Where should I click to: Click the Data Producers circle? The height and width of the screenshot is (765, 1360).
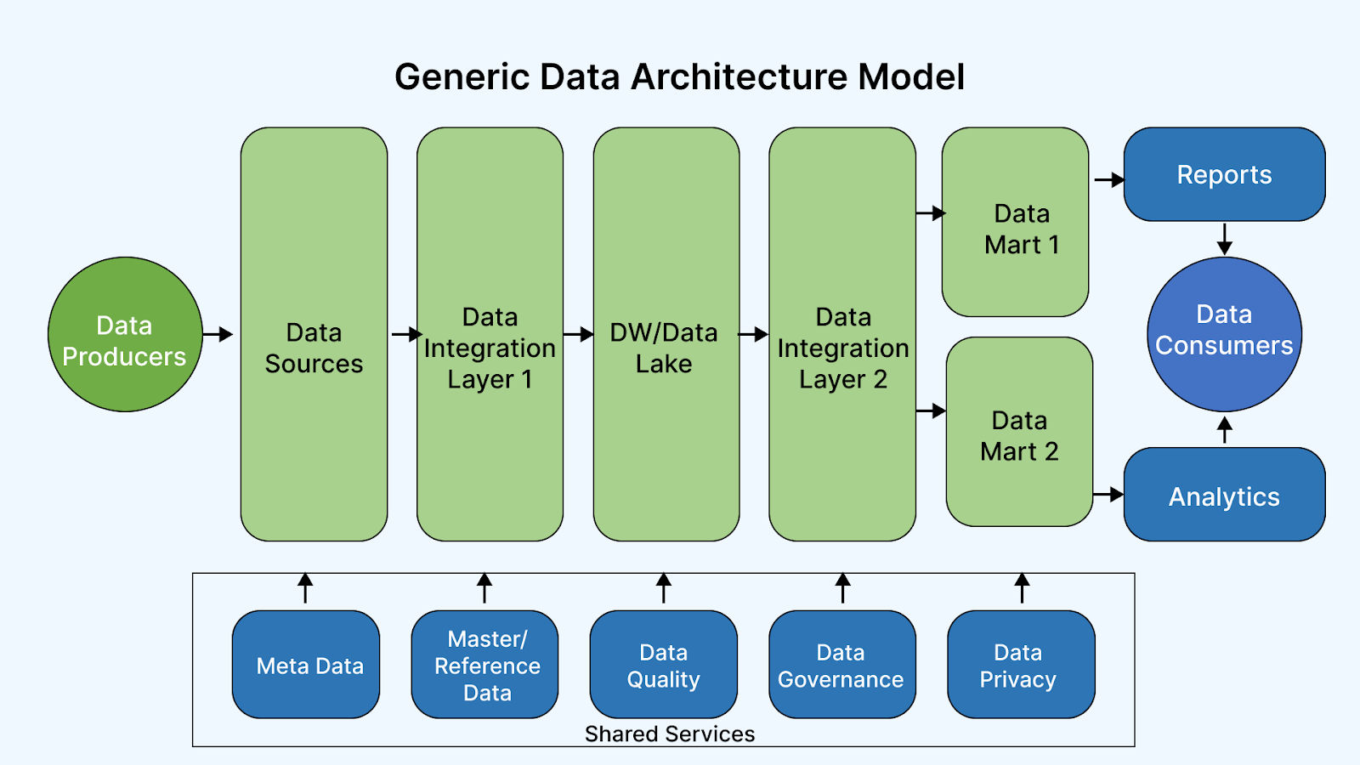point(125,335)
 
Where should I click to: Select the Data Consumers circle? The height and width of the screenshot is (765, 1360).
point(1224,335)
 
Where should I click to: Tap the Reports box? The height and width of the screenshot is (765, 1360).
point(1224,174)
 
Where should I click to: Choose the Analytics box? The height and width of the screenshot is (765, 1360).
point(1224,494)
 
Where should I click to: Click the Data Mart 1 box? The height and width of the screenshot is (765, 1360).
point(1015,222)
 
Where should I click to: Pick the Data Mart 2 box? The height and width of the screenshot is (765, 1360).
point(1019,432)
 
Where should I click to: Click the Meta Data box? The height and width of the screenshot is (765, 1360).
point(306,664)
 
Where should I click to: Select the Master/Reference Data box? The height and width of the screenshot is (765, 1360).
point(484,664)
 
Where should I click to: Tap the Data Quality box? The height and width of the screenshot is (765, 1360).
point(664,664)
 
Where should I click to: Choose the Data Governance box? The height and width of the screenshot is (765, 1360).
point(842,664)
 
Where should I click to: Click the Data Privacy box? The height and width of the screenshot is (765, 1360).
point(1021,664)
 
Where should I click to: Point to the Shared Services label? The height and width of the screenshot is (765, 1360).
point(670,734)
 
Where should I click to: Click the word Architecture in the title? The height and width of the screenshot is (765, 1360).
point(739,77)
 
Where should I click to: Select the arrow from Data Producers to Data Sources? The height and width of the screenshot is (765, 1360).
point(218,334)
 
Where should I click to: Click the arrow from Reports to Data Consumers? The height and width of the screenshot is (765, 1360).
point(1225,239)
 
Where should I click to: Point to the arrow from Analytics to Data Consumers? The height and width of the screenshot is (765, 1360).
point(1225,430)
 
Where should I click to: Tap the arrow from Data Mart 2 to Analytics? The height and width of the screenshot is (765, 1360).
point(1108,494)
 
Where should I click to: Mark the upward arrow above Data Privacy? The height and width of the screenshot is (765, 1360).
point(1022,587)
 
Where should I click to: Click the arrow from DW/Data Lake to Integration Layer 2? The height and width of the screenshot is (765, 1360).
point(753,334)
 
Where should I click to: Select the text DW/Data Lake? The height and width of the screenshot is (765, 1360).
point(664,348)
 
